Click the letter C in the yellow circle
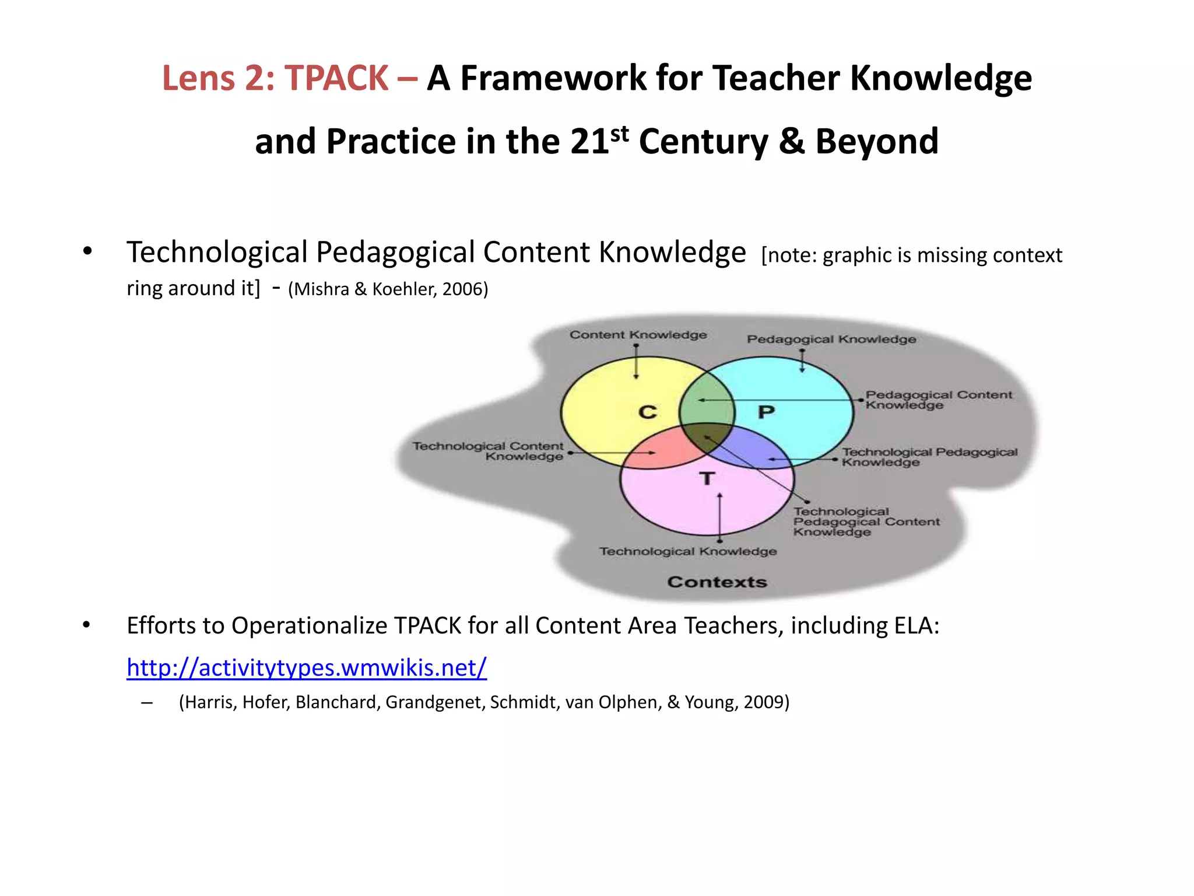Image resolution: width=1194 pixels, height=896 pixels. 647,412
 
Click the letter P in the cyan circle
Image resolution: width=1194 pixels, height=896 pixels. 766,412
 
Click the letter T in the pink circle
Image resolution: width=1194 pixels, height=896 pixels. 707,479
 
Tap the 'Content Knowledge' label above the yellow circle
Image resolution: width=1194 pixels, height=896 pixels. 638,335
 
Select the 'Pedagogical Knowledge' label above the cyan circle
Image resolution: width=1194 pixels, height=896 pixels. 831,339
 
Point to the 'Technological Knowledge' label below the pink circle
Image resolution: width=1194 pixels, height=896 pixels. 688,551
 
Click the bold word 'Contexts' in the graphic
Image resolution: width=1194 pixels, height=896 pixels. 717,582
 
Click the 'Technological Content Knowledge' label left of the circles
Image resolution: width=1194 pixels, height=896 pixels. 489,451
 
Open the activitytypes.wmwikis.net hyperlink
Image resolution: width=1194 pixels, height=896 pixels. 307,667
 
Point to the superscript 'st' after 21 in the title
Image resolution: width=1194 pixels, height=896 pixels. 620,134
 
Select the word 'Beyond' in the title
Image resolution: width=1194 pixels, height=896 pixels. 877,142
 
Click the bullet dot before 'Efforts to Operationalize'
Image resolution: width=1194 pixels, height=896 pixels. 87,625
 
